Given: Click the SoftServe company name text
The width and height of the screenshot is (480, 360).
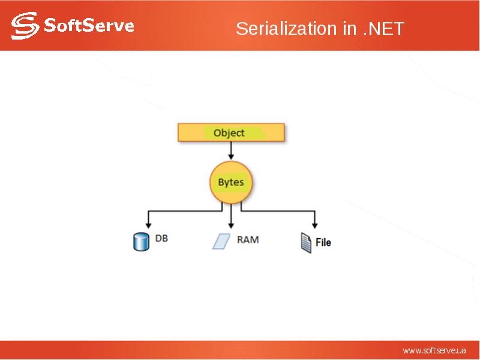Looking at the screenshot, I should [x=88, y=26].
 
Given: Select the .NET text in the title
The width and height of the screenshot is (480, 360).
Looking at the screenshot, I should [x=384, y=29].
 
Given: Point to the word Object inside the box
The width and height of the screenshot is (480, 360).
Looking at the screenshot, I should [x=229, y=133].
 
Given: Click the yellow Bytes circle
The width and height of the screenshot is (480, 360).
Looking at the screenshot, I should [x=231, y=182].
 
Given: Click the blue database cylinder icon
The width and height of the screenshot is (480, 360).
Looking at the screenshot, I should [x=140, y=241].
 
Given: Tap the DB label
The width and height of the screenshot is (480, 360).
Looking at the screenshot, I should [x=161, y=238].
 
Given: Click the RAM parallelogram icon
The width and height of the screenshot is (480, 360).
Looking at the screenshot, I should [x=221, y=241].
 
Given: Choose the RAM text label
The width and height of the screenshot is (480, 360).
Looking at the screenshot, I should [x=248, y=239].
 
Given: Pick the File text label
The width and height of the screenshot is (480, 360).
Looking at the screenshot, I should [x=323, y=242].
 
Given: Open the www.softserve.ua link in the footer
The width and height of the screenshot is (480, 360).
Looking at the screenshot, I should [x=434, y=350].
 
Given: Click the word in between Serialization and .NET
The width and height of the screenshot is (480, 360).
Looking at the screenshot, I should [x=350, y=29].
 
